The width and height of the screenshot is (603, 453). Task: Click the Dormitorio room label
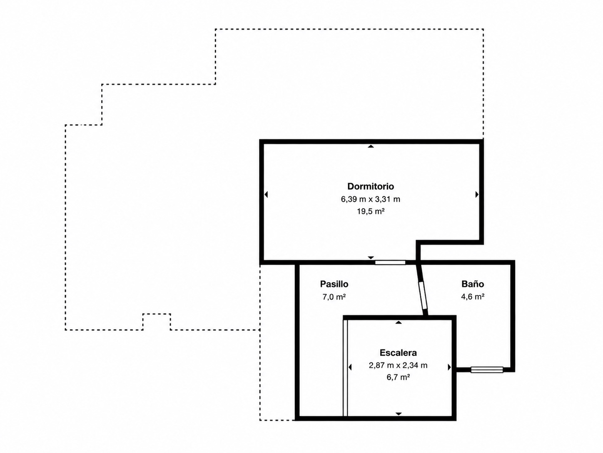point(371,186)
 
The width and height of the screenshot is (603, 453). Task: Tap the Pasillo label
point(334,284)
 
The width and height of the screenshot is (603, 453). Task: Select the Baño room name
point(473,284)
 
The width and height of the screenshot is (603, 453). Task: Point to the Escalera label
point(398,352)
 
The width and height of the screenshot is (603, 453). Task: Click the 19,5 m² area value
point(371,211)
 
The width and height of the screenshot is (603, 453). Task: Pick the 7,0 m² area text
point(334,297)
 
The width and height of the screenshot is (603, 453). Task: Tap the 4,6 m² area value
point(473,297)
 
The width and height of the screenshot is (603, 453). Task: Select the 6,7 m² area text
point(398,377)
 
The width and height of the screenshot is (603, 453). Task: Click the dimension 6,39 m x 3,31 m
point(371,199)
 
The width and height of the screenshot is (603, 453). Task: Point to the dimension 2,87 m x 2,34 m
point(398,365)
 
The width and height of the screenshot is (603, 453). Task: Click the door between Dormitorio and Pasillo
point(390,262)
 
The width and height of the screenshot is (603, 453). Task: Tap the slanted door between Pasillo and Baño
point(422,295)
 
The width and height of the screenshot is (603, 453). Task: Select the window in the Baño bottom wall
point(487,370)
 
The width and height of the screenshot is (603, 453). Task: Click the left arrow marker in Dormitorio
point(266,194)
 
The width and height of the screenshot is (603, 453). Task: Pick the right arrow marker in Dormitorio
point(477,194)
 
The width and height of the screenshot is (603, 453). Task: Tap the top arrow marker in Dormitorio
point(371,146)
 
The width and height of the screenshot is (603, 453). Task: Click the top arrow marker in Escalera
point(399,322)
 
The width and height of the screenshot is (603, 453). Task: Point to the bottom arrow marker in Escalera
point(399,421)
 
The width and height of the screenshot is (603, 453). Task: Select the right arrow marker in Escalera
point(449,367)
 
